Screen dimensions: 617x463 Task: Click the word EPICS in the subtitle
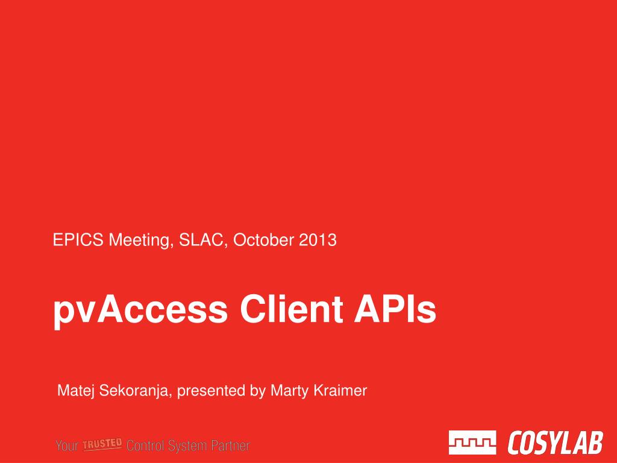tap(78, 240)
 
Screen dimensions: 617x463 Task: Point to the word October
tap(263, 240)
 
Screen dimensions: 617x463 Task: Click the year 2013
tap(318, 240)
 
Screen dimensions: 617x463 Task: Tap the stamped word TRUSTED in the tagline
tap(102, 444)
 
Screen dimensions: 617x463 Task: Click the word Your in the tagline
tap(67, 446)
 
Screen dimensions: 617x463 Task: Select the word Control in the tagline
tap(145, 446)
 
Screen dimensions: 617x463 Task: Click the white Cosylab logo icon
tap(472, 443)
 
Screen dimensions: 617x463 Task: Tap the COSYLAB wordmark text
tap(555, 443)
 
